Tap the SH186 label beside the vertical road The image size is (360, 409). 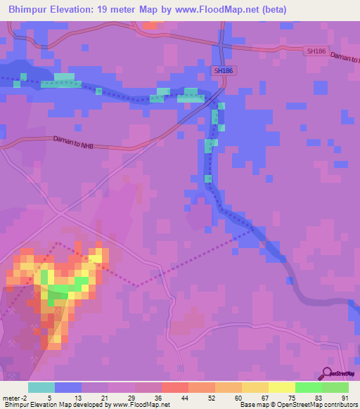click(223, 71)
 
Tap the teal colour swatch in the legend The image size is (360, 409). click(41, 387)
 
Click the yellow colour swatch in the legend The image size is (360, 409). click(282, 387)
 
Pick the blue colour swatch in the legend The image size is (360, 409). click(68, 387)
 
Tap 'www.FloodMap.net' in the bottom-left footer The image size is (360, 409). click(141, 405)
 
